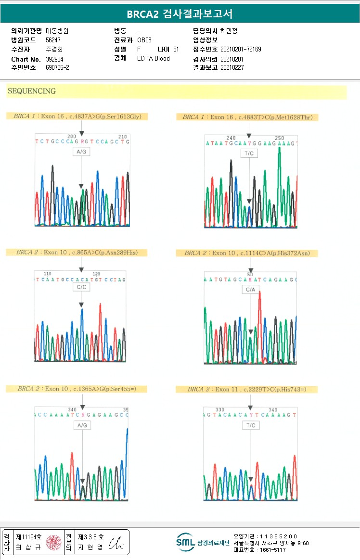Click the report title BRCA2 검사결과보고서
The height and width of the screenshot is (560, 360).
(x=180, y=14)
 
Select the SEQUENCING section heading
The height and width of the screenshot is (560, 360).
(x=32, y=91)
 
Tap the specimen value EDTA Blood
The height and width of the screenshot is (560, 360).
(x=154, y=59)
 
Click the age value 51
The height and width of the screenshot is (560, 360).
(x=176, y=49)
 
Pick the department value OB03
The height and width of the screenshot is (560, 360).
(x=144, y=40)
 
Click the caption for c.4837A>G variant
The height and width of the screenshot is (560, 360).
(x=77, y=116)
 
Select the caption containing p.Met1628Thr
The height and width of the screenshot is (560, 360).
(x=247, y=117)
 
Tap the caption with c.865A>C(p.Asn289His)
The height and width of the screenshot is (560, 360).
(x=77, y=252)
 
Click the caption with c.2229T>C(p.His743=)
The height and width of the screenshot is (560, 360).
(x=246, y=389)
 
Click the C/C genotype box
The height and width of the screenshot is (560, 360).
(x=81, y=287)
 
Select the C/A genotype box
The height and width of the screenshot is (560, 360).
(x=251, y=290)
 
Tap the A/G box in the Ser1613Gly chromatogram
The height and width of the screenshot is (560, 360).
(x=81, y=152)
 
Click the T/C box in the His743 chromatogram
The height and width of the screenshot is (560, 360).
(x=251, y=426)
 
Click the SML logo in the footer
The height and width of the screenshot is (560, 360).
(x=185, y=542)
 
